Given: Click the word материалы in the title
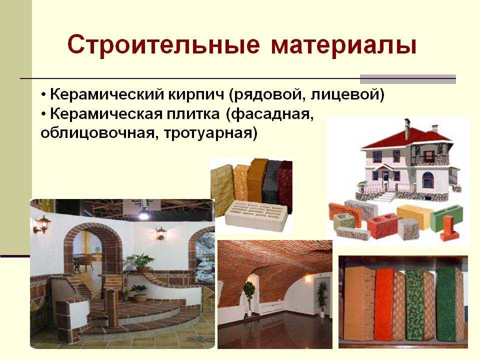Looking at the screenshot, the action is [343, 46].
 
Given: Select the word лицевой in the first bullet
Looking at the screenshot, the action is [347, 94].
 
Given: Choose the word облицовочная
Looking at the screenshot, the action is [98, 133].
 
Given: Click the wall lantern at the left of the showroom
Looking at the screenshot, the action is [42, 224].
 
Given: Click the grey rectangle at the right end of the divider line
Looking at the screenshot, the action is [408, 79].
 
